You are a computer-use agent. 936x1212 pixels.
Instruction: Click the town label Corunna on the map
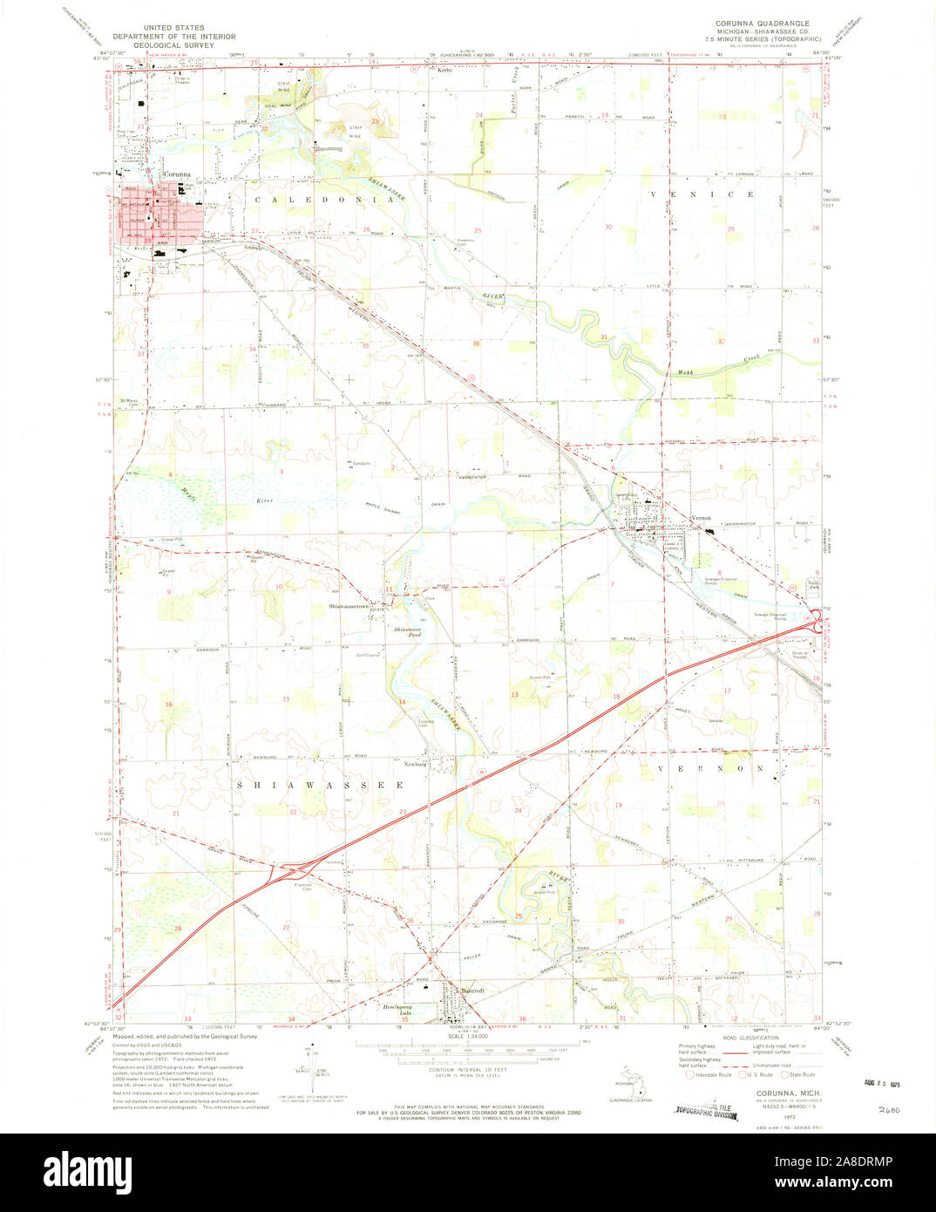176,174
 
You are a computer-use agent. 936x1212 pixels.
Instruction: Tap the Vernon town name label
702,518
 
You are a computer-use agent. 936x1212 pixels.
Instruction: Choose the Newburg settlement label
415,764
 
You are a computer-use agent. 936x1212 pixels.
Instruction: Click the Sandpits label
361,462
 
